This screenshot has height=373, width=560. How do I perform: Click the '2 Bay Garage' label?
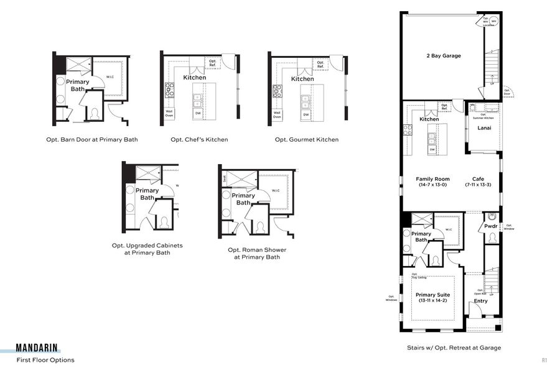click(x=444, y=56)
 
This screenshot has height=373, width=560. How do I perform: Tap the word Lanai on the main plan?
click(x=484, y=128)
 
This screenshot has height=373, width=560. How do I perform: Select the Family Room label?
click(x=432, y=179)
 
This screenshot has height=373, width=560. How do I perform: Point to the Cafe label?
click(x=478, y=179)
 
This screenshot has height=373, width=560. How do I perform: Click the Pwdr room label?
click(x=491, y=228)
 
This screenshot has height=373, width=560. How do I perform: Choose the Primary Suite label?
click(x=432, y=295)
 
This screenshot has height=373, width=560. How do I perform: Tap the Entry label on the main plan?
click(x=481, y=301)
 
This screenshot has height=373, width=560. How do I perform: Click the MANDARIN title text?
click(x=39, y=348)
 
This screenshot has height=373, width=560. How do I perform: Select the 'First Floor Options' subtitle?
click(x=45, y=360)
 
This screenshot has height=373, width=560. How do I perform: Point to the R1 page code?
click(x=544, y=360)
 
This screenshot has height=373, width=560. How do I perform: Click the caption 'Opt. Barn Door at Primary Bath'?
click(x=92, y=140)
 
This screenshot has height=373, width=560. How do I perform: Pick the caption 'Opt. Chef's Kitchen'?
click(x=199, y=140)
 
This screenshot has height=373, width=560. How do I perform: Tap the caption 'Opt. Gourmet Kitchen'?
click(x=307, y=140)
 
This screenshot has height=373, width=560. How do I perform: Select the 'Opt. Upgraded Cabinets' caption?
click(x=147, y=249)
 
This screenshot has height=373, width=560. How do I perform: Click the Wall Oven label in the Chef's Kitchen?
click(x=169, y=113)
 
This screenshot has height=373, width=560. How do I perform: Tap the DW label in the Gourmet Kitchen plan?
click(x=306, y=114)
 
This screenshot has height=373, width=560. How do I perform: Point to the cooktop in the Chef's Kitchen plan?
click(x=169, y=90)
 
